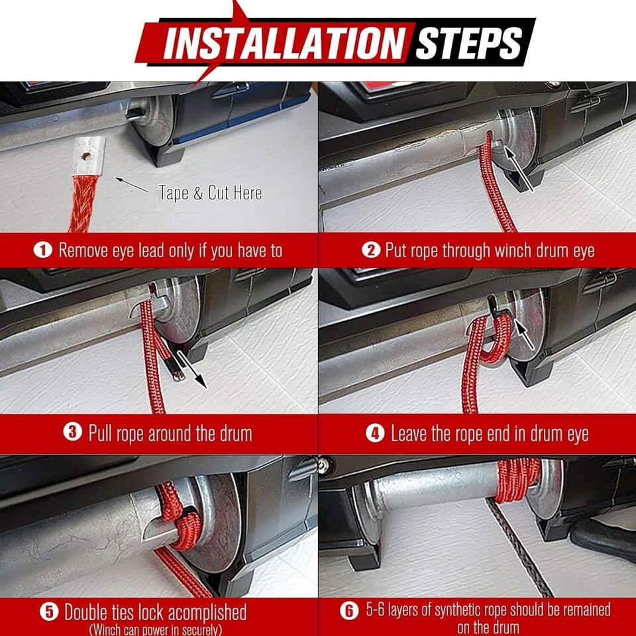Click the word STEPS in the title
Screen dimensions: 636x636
pos(468,42)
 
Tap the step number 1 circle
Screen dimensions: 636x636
pos(42,250)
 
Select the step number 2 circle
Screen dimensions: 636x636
pos(371,250)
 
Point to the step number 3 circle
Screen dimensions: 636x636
pos(73,433)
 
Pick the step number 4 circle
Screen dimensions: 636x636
pos(375,433)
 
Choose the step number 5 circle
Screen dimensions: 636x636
pos(49,612)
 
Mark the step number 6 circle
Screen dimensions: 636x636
pos(349,610)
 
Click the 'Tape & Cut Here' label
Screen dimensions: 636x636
pos(210,193)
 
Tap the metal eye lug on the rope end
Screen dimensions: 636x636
pos(89,156)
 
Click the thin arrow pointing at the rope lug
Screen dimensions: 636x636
pos(132,185)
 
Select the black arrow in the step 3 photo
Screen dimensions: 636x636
pos(192,369)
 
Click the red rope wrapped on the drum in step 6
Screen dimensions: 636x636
pos(517,480)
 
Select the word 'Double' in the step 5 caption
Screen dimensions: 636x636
pos(90,612)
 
